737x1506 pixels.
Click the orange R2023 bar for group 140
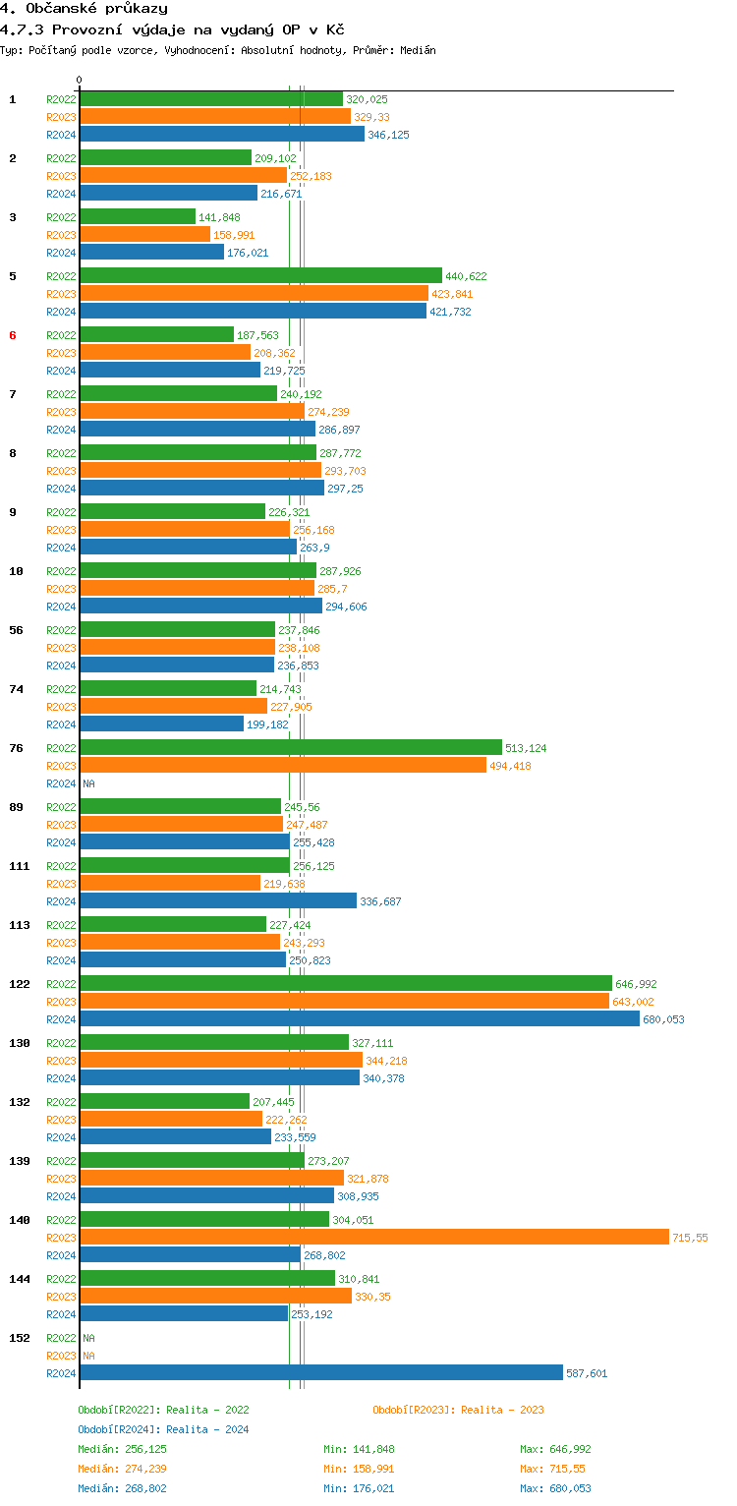click(373, 1237)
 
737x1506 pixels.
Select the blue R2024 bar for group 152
click(320, 1372)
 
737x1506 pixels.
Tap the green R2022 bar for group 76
click(290, 747)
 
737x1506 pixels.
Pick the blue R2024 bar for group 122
click(359, 1018)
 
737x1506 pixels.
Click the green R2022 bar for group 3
click(138, 216)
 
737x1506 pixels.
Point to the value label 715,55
click(690, 1238)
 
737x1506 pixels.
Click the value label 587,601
click(587, 1373)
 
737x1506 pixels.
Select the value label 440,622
click(466, 276)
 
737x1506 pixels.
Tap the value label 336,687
click(380, 901)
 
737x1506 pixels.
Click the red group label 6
click(13, 335)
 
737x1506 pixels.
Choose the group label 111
click(19, 866)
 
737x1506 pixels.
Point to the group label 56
click(16, 630)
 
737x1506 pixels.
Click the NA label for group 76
click(88, 783)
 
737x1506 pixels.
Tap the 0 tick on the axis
click(80, 81)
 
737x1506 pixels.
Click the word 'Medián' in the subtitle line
click(418, 50)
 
